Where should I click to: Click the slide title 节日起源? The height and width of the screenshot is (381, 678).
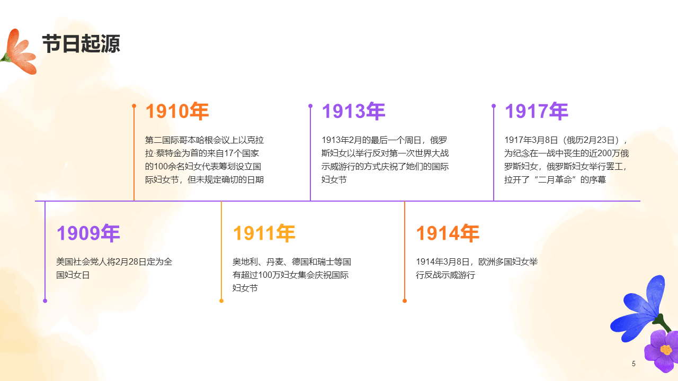pos(81,44)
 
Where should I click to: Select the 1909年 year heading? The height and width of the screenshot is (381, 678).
pos(88,233)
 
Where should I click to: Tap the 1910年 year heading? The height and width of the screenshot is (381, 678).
pos(177,112)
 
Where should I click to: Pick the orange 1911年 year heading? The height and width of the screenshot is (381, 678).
pos(264,233)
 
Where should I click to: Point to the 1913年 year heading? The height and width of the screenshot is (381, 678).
pos(353,112)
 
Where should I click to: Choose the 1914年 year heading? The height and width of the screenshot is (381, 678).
pos(447,233)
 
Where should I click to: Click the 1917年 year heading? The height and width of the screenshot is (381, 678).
pos(536,112)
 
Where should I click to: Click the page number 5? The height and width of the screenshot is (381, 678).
pos(634,364)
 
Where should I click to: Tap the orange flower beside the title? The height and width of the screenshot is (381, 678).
pos(20,52)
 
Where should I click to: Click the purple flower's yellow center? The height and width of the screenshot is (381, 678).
pos(666,350)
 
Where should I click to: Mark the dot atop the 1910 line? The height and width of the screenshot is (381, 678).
pos(134,106)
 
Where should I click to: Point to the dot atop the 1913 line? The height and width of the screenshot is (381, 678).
pos(310,106)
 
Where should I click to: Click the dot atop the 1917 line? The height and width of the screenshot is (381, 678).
pos(494,106)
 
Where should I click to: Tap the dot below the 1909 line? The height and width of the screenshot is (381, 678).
pos(45,301)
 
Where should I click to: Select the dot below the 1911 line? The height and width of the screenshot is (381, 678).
pos(221,301)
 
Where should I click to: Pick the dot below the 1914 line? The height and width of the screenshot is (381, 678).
pos(405,301)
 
